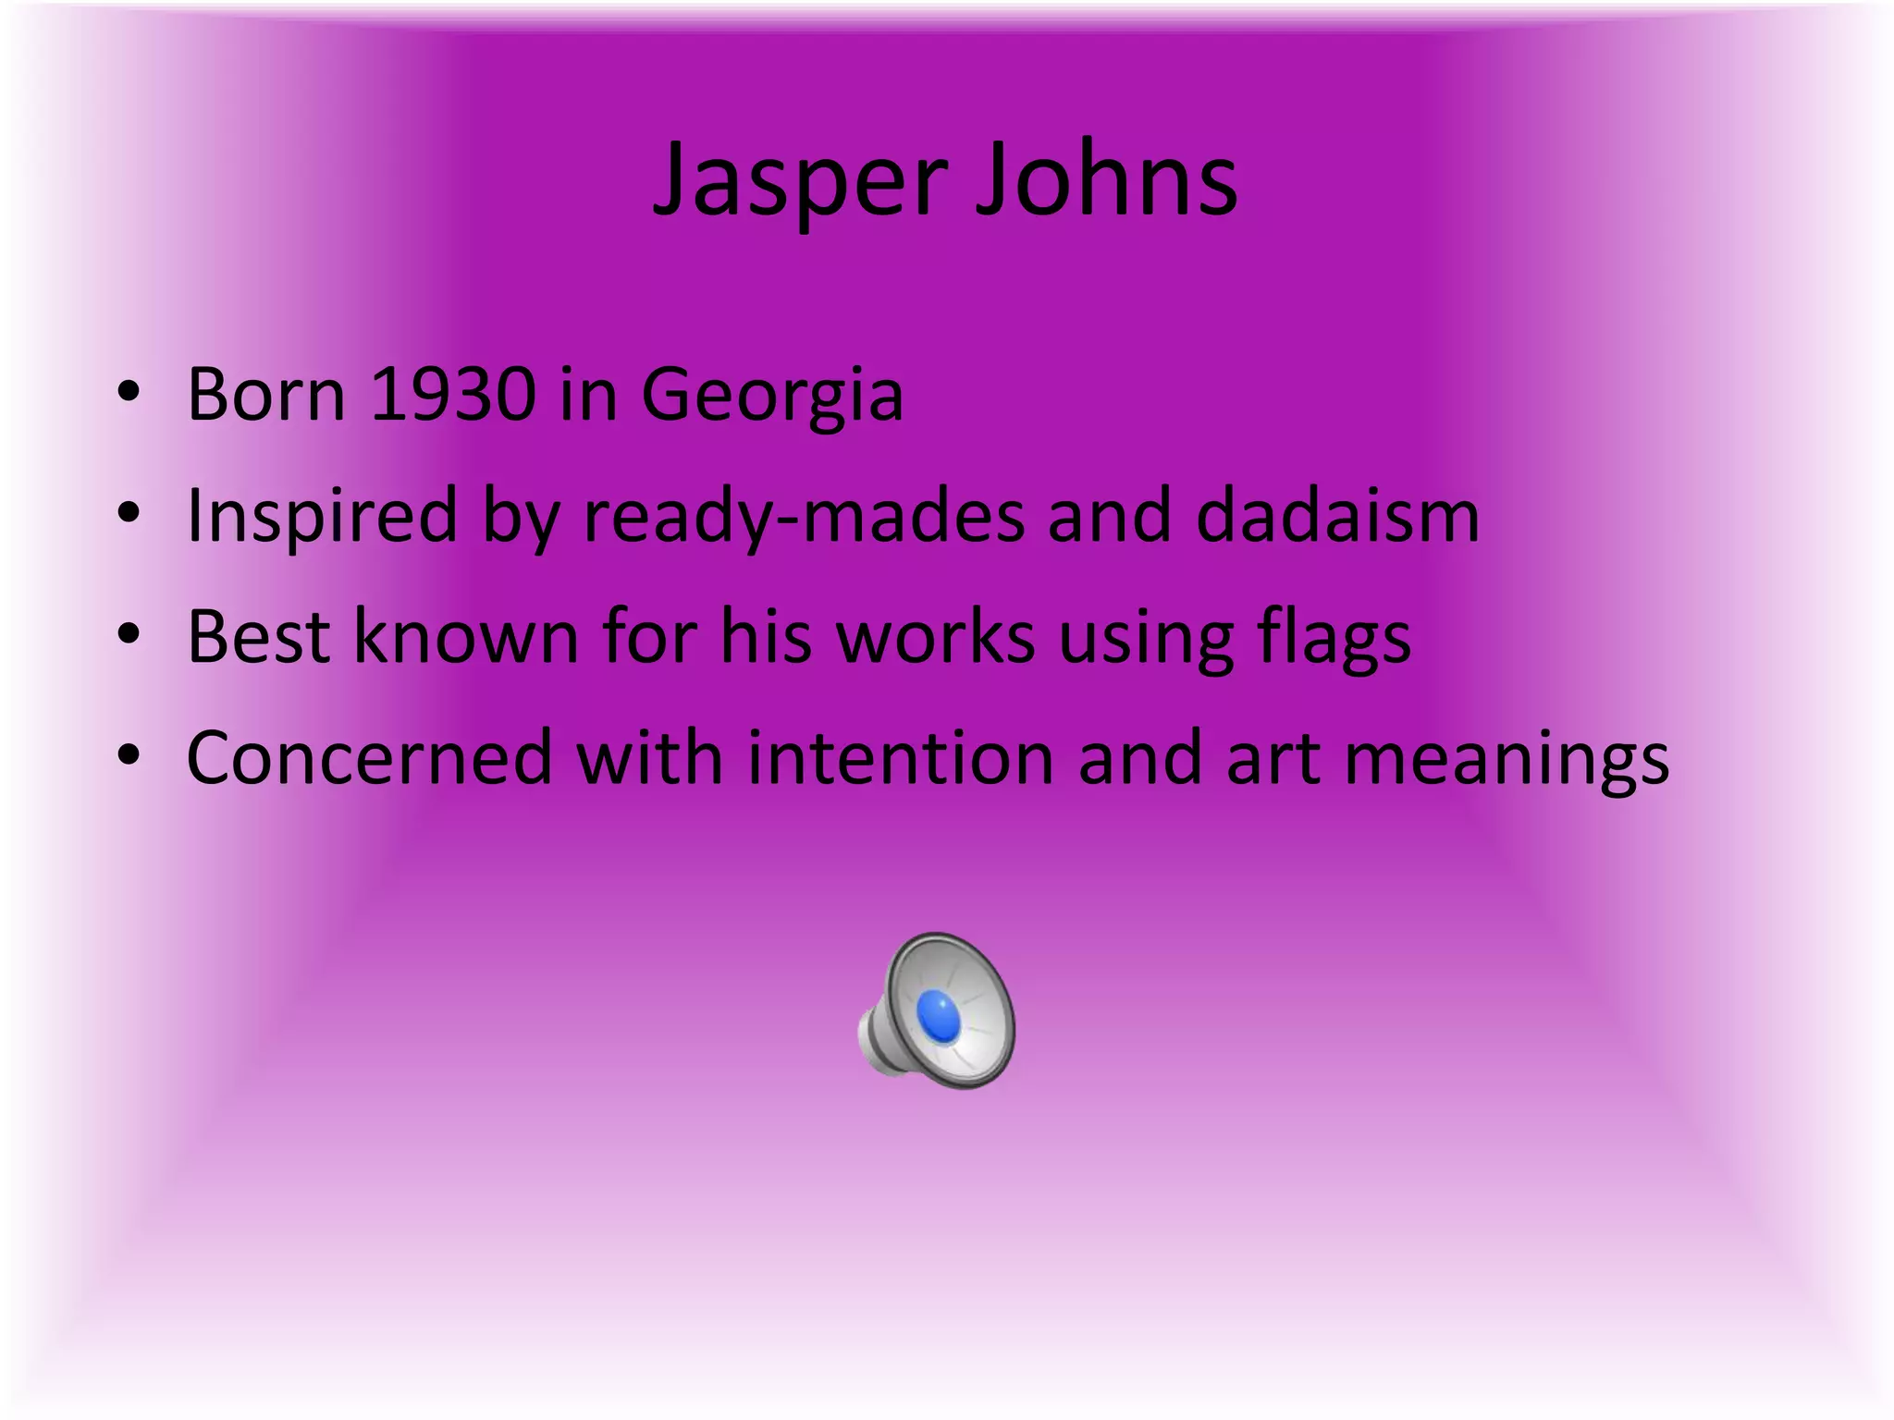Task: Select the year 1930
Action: (x=452, y=396)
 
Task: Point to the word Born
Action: (x=266, y=396)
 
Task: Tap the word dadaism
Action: (x=1337, y=516)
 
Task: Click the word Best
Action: (x=259, y=637)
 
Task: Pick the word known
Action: (x=466, y=637)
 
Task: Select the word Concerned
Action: (x=369, y=758)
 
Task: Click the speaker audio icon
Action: (x=936, y=1010)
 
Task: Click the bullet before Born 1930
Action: (x=129, y=394)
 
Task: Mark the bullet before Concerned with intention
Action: (x=129, y=756)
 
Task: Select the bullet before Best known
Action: (x=129, y=635)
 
